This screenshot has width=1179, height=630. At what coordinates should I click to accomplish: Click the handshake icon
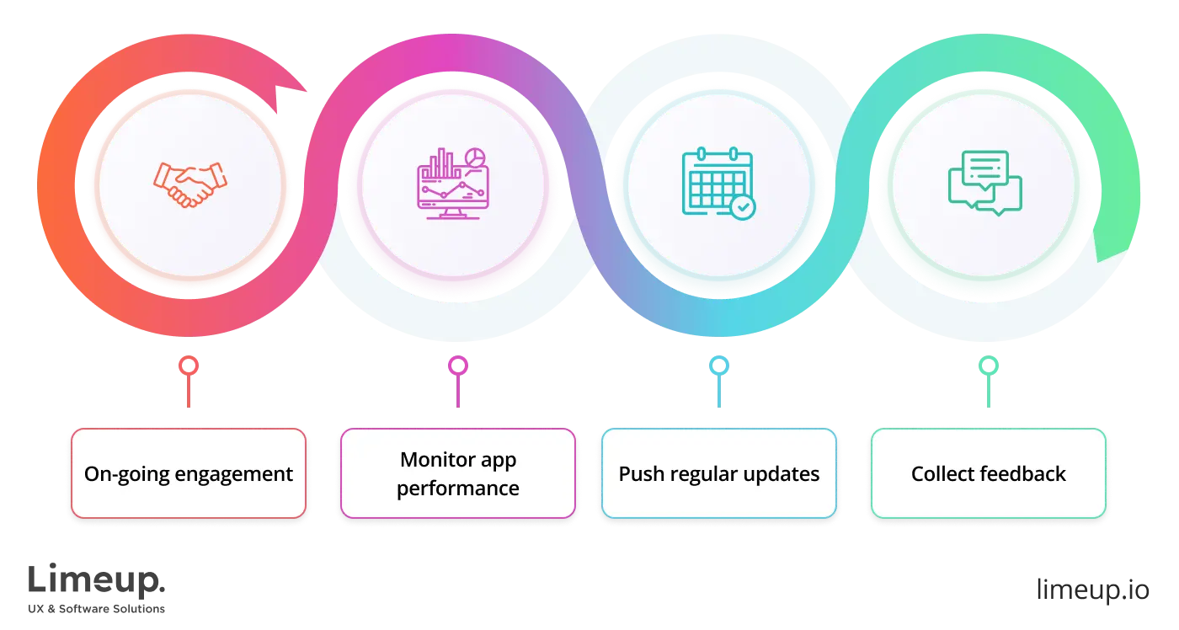point(189,184)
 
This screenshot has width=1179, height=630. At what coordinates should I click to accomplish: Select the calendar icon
point(718,183)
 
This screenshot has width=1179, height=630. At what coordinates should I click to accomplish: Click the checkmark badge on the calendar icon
point(743,206)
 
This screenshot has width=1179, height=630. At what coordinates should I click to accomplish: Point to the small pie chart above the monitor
point(476,157)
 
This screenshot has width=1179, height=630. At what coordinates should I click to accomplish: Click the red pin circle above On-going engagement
point(189,366)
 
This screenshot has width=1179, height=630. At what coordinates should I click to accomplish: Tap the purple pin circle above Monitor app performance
point(457,366)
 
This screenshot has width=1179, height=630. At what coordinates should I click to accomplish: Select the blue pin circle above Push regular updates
point(718,366)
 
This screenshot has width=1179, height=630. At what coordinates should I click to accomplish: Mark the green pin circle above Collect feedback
point(988,366)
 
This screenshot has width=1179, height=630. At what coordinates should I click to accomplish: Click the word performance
point(457,489)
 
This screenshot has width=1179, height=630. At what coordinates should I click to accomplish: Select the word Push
point(638,474)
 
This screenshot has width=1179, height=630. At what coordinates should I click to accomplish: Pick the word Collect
point(941,474)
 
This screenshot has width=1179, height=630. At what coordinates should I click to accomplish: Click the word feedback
point(1022,474)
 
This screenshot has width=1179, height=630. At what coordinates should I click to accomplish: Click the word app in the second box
point(497,461)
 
